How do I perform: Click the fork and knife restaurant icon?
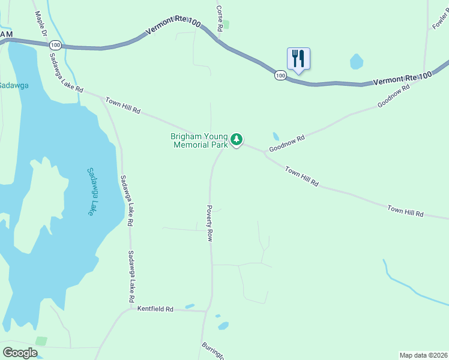point(298,59)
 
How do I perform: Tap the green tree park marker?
point(237,140)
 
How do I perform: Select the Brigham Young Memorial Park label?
point(199,140)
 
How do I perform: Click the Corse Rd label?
point(220,19)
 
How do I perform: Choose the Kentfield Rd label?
point(155,309)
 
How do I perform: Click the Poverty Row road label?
point(210,223)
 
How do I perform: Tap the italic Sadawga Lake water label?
point(91,191)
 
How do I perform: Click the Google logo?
point(20,353)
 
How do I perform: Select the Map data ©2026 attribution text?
point(423,355)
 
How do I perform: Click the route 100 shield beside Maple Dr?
point(55,45)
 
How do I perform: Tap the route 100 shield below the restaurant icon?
point(280,75)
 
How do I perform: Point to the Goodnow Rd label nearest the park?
point(287,143)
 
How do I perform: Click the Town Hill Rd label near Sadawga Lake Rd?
point(122,106)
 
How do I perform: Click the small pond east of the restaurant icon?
point(357,61)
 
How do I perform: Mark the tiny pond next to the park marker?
point(276,136)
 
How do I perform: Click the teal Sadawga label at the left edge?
point(14,85)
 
